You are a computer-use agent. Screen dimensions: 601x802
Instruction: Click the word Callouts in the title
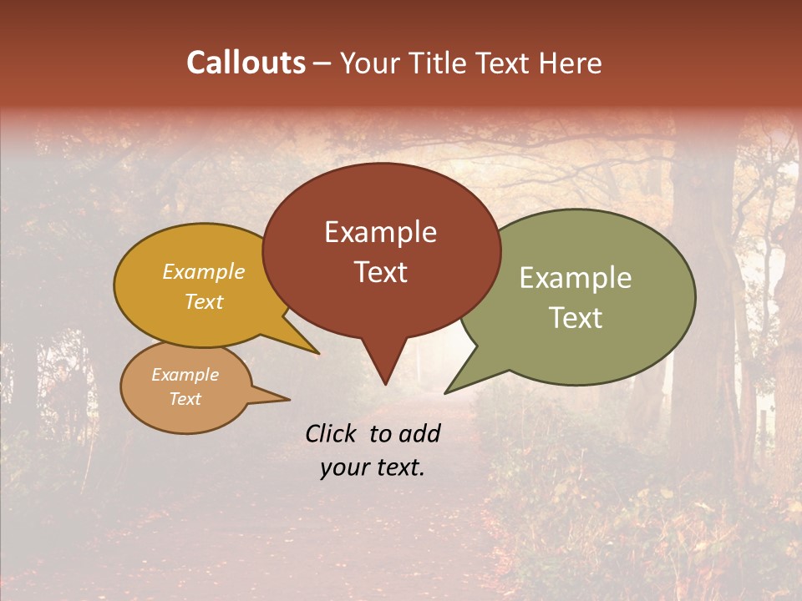point(246,63)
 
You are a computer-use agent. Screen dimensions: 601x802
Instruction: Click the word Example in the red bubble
point(380,232)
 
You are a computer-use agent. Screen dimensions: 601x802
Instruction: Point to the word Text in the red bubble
point(380,272)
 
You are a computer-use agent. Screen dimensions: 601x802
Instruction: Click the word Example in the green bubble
point(576,278)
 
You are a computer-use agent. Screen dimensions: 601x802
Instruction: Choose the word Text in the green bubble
point(576,318)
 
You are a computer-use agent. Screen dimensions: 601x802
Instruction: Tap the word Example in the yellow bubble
point(203,272)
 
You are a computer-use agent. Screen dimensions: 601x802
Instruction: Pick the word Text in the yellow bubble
point(203,301)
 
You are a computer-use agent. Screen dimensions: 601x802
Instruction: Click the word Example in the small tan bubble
point(185,375)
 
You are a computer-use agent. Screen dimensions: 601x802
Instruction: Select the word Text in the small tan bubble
point(185,399)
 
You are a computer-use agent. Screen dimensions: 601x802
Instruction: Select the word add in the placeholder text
point(419,433)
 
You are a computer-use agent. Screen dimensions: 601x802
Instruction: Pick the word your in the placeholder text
point(344,467)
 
